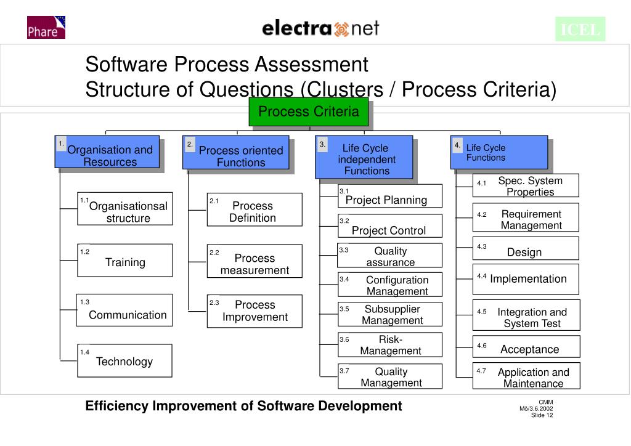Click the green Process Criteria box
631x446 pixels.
(x=308, y=111)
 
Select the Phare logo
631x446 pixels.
(x=46, y=28)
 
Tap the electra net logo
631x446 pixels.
(x=320, y=28)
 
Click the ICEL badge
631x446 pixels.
(x=580, y=29)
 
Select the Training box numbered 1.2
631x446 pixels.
(x=124, y=260)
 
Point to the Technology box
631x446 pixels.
(x=124, y=360)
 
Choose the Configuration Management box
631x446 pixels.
(x=389, y=285)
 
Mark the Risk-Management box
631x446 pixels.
(x=389, y=345)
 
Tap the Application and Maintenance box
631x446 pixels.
(x=526, y=377)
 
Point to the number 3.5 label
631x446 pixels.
(x=344, y=309)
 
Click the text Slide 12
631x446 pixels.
(x=542, y=415)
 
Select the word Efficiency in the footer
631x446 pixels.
(x=116, y=406)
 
